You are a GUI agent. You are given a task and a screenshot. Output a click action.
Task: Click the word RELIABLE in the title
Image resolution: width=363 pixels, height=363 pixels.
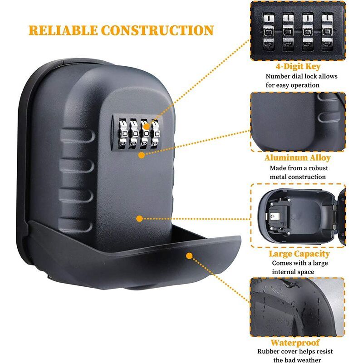[63, 30]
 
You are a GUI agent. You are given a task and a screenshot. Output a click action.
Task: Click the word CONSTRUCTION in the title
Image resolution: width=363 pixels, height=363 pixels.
[157, 30]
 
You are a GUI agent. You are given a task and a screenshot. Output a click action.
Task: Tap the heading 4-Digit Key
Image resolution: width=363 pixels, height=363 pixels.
[298, 66]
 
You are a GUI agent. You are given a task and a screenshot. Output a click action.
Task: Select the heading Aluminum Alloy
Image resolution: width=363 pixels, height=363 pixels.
[298, 157]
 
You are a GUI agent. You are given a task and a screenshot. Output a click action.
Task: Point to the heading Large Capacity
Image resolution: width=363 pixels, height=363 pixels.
[299, 254]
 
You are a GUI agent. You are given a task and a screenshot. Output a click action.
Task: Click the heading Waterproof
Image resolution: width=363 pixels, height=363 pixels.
[295, 343]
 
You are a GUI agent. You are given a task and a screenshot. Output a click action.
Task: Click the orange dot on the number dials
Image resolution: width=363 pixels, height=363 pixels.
[146, 127]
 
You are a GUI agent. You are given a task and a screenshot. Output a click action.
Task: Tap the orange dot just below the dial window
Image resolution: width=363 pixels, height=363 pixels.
[142, 155]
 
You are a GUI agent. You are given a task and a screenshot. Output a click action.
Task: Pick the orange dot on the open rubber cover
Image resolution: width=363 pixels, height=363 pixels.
[189, 256]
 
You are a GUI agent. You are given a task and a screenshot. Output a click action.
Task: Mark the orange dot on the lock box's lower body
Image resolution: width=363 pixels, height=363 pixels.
[139, 219]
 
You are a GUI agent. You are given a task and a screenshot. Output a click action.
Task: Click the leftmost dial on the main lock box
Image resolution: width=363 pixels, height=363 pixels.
[123, 134]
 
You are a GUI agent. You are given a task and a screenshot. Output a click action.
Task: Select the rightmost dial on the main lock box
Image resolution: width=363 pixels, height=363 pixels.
[156, 134]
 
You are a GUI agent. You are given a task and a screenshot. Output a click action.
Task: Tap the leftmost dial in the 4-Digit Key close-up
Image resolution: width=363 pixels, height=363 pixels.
[269, 31]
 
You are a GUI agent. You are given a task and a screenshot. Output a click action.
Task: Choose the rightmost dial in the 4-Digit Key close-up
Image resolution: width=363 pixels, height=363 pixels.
[327, 31]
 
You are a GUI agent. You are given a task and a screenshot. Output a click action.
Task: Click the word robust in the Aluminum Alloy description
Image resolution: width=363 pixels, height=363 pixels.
[318, 168]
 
